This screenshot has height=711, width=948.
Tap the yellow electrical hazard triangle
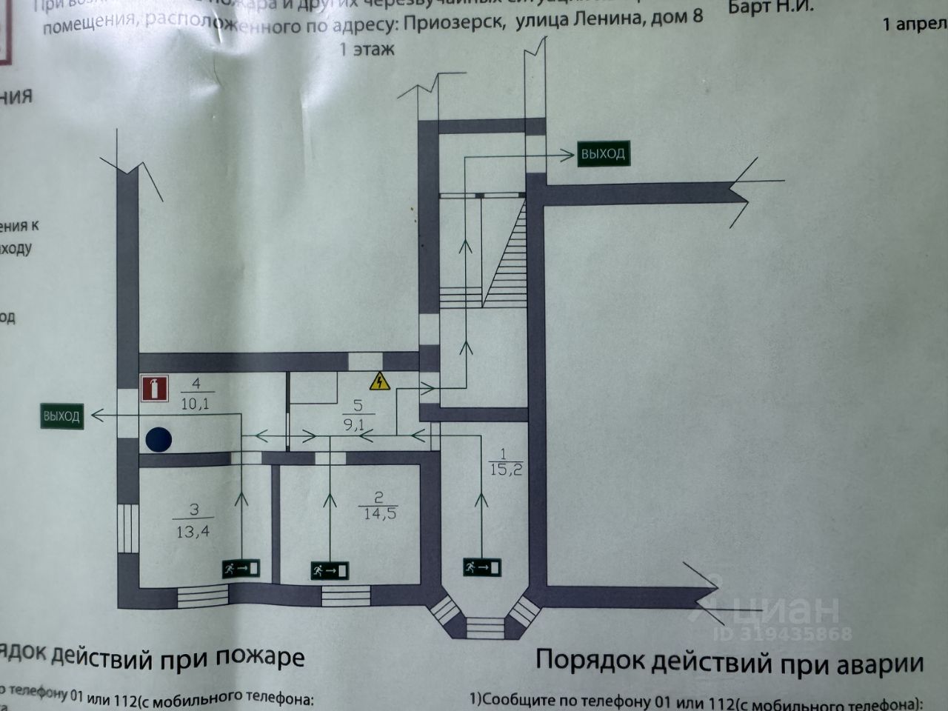[x=379, y=381]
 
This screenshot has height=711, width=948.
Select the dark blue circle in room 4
[x=158, y=439]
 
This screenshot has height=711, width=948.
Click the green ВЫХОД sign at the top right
[x=603, y=154]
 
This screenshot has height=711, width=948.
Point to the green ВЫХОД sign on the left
[x=61, y=416]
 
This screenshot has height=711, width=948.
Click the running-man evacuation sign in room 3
[x=241, y=569]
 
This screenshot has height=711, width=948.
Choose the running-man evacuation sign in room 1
[x=481, y=567]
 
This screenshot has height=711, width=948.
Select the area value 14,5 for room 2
[x=379, y=513]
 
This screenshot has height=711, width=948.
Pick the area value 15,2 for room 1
[x=506, y=469]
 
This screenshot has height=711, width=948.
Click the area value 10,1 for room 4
[x=196, y=404]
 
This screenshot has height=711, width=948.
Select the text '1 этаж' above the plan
[x=367, y=50]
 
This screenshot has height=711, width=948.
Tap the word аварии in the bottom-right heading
[x=879, y=662]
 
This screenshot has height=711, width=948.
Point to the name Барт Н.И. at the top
[x=770, y=7]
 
